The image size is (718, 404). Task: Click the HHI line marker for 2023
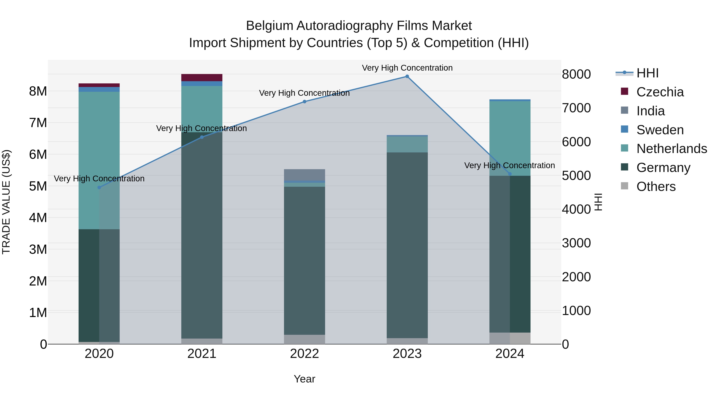click(407, 76)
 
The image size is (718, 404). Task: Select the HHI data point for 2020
click(99, 187)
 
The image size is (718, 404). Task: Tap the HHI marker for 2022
click(304, 102)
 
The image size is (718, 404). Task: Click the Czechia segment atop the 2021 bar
click(202, 78)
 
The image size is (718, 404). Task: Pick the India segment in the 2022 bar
click(304, 175)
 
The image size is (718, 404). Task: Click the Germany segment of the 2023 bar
click(407, 245)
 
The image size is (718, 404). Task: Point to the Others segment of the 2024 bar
click(510, 338)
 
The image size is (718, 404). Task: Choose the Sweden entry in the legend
click(660, 130)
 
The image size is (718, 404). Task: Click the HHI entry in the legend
click(647, 73)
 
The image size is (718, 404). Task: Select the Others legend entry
click(656, 187)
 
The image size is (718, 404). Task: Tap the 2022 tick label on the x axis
click(304, 354)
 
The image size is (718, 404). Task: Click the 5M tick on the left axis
click(38, 186)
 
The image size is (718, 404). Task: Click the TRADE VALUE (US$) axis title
click(6, 202)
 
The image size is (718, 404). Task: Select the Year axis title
click(304, 379)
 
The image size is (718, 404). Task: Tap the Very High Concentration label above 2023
click(407, 68)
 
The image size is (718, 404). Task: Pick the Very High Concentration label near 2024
click(510, 165)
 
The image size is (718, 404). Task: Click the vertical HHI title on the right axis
click(598, 202)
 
